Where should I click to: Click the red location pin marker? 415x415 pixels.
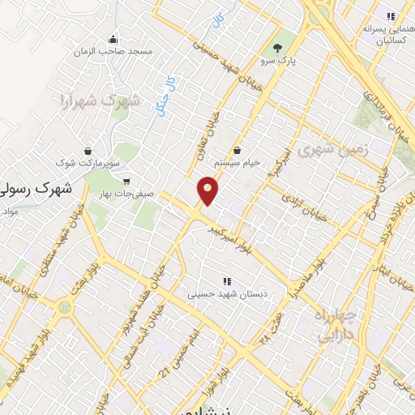(x=208, y=190)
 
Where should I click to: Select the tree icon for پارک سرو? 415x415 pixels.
(x=279, y=47)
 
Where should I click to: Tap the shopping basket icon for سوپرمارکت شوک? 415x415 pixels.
(x=88, y=151)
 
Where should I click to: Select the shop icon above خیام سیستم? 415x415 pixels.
(x=237, y=150)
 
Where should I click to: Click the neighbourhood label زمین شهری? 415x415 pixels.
(x=332, y=150)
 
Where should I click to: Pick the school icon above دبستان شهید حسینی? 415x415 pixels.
(x=226, y=281)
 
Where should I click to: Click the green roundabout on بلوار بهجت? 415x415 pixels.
(x=64, y=307)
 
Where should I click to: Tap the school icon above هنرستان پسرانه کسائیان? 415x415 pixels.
(x=390, y=15)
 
